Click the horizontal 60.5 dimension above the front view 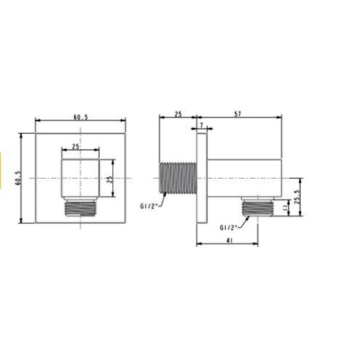(81, 117)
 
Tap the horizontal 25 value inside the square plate (75, 146)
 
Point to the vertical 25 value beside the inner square (110, 179)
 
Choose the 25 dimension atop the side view (178, 114)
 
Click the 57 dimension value (239, 114)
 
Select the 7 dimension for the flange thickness (201, 125)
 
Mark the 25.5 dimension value (298, 196)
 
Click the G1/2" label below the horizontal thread (148, 206)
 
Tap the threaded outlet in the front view (80, 208)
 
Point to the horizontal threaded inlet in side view (178, 178)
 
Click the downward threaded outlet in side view (257, 208)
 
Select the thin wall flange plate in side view (202, 178)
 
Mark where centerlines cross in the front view (80, 179)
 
